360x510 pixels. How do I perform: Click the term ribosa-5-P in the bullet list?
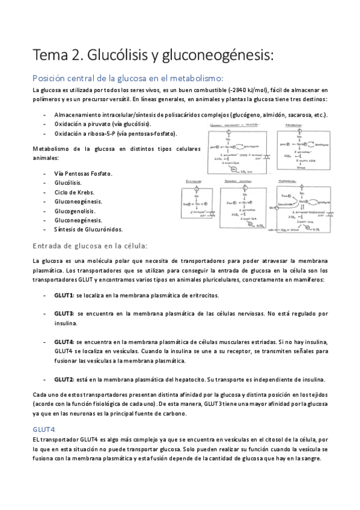[x=96, y=134]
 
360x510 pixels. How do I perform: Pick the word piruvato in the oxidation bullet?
[x=99, y=124]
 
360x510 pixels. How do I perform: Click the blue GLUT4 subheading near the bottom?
[x=45, y=429]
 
